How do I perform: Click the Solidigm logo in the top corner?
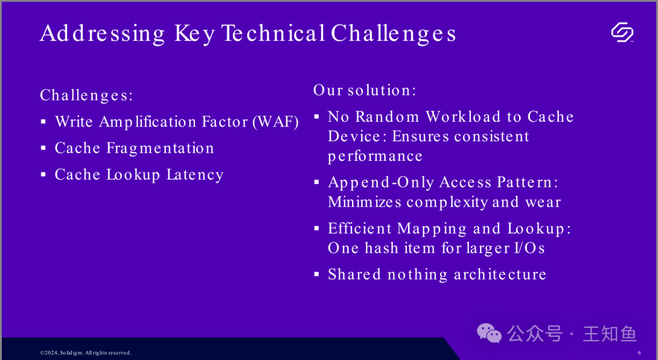pos(622,33)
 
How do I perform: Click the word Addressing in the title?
pos(102,34)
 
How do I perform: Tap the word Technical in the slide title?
pos(273,33)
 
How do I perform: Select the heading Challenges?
pos(87,95)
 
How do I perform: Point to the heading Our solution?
pos(365,90)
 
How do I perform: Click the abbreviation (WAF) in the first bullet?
pos(276,122)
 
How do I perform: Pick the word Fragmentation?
pos(160,148)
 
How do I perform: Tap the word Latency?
pos(195,175)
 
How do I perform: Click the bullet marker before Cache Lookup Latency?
pos(43,174)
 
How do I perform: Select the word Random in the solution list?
pos(387,116)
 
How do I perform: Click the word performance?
pos(375,157)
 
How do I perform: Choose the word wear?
pos(543,202)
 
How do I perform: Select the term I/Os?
pos(529,248)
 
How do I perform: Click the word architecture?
pos(500,274)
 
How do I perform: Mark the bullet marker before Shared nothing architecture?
pos(317,274)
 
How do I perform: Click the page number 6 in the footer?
pos(640,353)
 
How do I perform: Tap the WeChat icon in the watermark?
pos(489,334)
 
